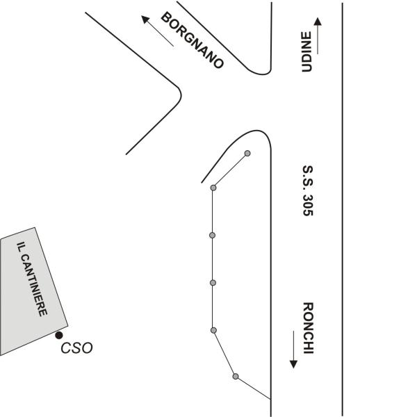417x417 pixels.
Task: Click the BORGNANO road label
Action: tap(193, 40)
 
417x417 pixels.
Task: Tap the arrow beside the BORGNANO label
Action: tap(157, 31)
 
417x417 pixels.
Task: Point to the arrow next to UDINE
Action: tap(318, 35)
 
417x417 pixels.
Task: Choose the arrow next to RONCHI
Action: tap(294, 353)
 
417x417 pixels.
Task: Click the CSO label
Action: tap(77, 348)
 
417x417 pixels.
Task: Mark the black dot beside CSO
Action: tap(59, 336)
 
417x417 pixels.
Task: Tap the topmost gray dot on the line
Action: tap(247, 153)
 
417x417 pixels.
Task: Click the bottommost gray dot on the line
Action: tap(236, 377)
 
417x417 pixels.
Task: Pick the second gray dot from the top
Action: tap(213, 188)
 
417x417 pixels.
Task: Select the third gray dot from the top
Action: tap(213, 235)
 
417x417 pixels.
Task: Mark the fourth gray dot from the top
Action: tap(213, 282)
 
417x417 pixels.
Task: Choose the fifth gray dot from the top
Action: tap(213, 329)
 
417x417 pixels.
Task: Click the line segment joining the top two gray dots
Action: tap(230, 170)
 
